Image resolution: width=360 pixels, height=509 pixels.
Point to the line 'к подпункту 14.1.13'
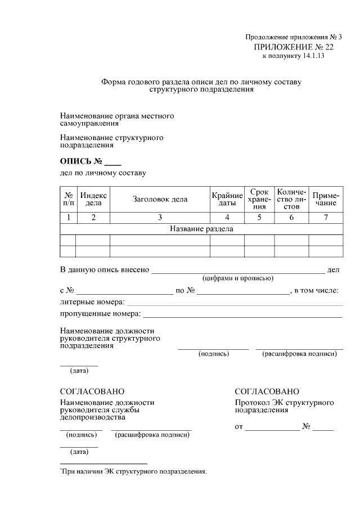pos(293,56)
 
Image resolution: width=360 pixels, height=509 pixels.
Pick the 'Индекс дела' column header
pos(93,199)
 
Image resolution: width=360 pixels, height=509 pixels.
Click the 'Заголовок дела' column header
pos(160,199)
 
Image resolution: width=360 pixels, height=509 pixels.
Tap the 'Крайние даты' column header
pos(227,199)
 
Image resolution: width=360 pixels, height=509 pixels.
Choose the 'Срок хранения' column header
pos(259,199)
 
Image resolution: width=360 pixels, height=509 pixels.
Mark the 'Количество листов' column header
pos(291,199)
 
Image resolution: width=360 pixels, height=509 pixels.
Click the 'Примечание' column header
pos(326,199)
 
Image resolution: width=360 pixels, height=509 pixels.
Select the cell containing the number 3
pos(160,218)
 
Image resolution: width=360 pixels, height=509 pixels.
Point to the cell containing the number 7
pos(326,218)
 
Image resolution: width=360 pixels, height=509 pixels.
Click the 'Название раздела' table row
pos(201,229)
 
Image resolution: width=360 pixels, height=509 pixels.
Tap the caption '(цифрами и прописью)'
pos(238,278)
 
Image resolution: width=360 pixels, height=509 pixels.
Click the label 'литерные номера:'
pos(92,302)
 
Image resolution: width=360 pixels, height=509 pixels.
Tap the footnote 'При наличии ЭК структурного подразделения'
pos(134,471)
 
